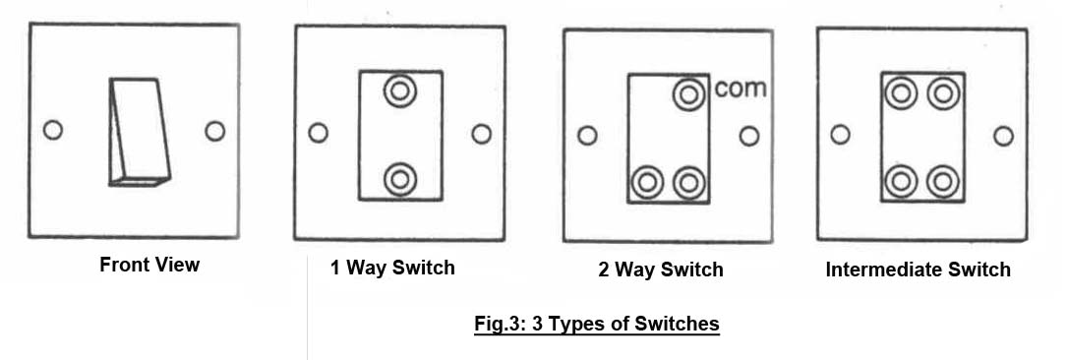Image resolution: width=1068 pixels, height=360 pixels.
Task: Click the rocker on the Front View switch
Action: pyautogui.click(x=139, y=132)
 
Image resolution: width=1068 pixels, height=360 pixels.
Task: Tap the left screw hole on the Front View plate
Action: pyautogui.click(x=52, y=130)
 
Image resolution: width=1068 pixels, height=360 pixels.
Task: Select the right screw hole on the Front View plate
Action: pyautogui.click(x=214, y=131)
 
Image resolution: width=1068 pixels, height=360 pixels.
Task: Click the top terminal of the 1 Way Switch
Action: pyautogui.click(x=400, y=90)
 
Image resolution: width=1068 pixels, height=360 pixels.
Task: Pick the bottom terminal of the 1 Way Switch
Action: pyautogui.click(x=400, y=179)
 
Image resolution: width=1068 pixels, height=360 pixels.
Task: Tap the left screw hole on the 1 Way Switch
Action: pyautogui.click(x=318, y=132)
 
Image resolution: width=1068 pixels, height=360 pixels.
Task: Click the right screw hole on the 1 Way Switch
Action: pyautogui.click(x=482, y=134)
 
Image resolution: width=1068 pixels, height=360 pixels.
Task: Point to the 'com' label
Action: pyautogui.click(x=741, y=89)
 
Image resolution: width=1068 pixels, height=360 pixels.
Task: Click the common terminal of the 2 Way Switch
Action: pyautogui.click(x=689, y=94)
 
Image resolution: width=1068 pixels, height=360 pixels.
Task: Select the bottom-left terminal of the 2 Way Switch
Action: pyautogui.click(x=647, y=182)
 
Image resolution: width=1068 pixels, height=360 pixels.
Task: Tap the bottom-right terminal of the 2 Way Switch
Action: pyautogui.click(x=689, y=182)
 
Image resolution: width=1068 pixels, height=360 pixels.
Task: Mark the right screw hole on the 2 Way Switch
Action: pyautogui.click(x=749, y=137)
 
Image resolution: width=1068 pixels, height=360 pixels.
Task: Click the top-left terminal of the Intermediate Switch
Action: pyautogui.click(x=901, y=93)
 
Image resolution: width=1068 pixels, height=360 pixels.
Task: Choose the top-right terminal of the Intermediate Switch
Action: pyautogui.click(x=943, y=93)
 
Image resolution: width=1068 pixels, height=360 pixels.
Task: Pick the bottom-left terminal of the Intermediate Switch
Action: pyautogui.click(x=901, y=181)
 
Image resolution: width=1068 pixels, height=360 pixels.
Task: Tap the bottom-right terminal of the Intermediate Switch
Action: pyautogui.click(x=943, y=181)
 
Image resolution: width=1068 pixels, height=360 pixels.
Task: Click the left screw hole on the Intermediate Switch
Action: pyautogui.click(x=841, y=135)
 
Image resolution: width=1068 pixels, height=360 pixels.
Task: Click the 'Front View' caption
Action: pyautogui.click(x=149, y=265)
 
